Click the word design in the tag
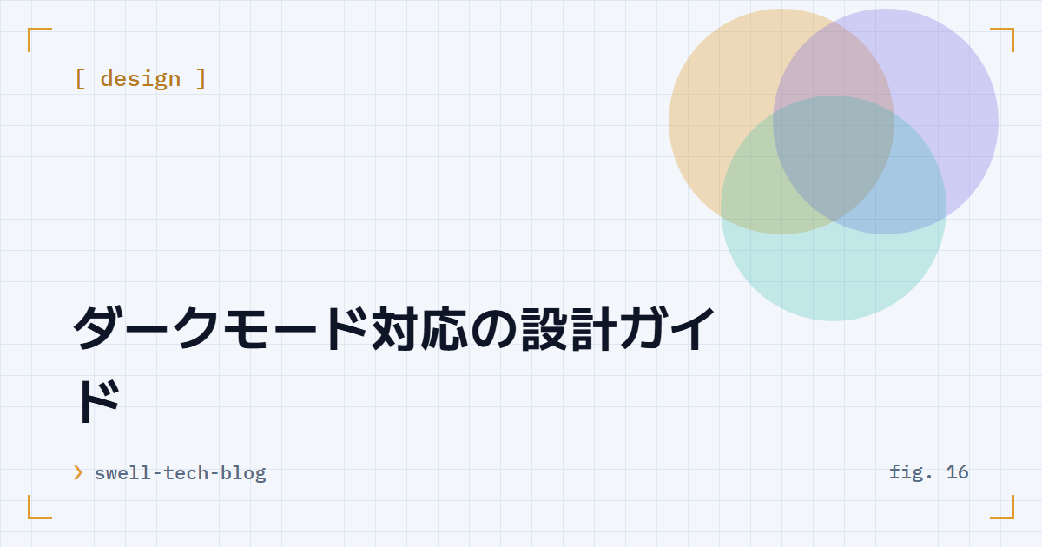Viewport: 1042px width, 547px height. point(141,79)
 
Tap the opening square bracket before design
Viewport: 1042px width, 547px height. point(80,79)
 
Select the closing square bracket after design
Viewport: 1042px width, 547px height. point(201,79)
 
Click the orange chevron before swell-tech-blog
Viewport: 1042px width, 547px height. point(78,472)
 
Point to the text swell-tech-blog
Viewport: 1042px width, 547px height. point(181,473)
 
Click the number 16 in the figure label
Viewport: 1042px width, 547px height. point(957,472)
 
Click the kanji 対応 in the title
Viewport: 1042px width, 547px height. point(419,328)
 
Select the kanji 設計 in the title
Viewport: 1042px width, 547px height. point(569,328)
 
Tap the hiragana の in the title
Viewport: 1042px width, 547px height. point(494,329)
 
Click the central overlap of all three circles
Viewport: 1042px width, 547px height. point(833,158)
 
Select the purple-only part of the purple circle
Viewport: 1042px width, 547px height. point(953,107)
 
